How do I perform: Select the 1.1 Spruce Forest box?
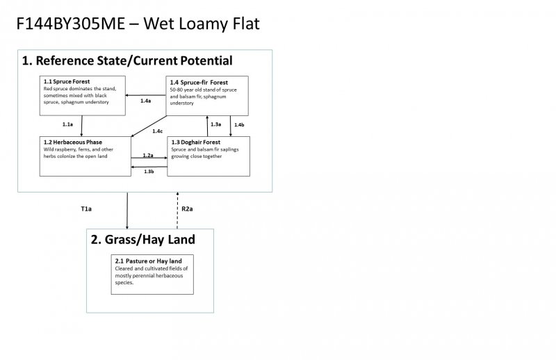pos(82,95)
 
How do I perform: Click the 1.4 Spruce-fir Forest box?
pos(208,95)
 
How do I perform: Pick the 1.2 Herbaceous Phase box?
pos(85,156)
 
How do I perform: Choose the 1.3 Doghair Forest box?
pos(208,156)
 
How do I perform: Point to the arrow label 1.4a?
pos(145,101)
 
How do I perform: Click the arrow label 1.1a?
pos(67,124)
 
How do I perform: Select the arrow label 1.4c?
pos(158,131)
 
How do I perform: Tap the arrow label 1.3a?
pos(215,124)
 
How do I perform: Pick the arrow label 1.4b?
pos(239,124)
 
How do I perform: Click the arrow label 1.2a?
pos(148,155)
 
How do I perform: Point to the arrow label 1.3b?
pos(149,171)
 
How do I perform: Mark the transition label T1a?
pos(86,208)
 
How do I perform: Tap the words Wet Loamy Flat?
pos(211,24)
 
